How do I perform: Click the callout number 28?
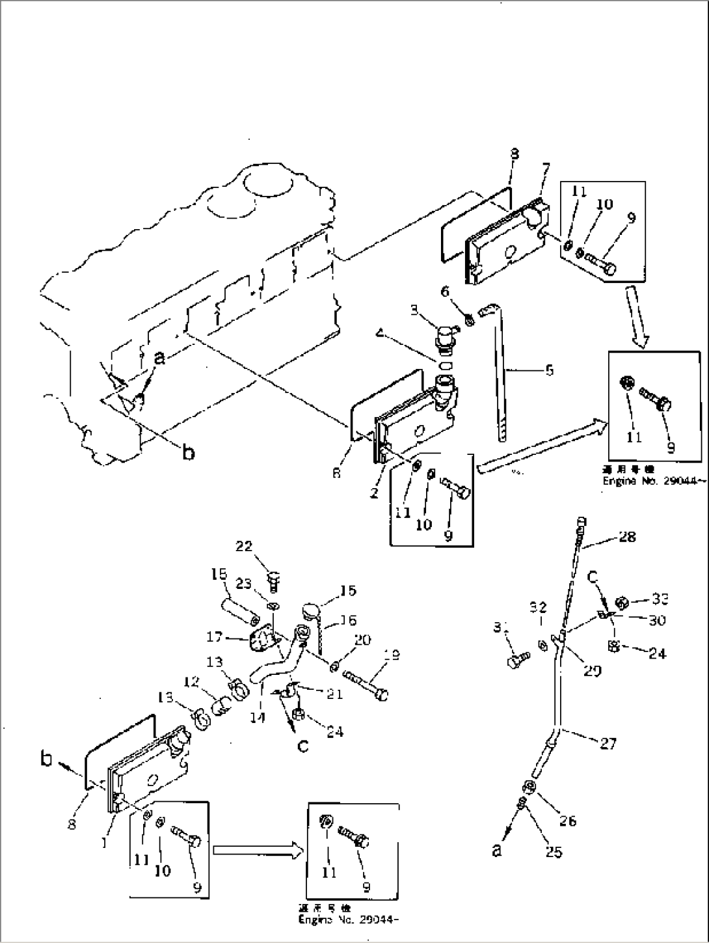coord(627,536)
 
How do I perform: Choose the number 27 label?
coord(608,743)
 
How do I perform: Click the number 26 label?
coord(567,821)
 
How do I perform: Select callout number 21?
coord(334,694)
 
